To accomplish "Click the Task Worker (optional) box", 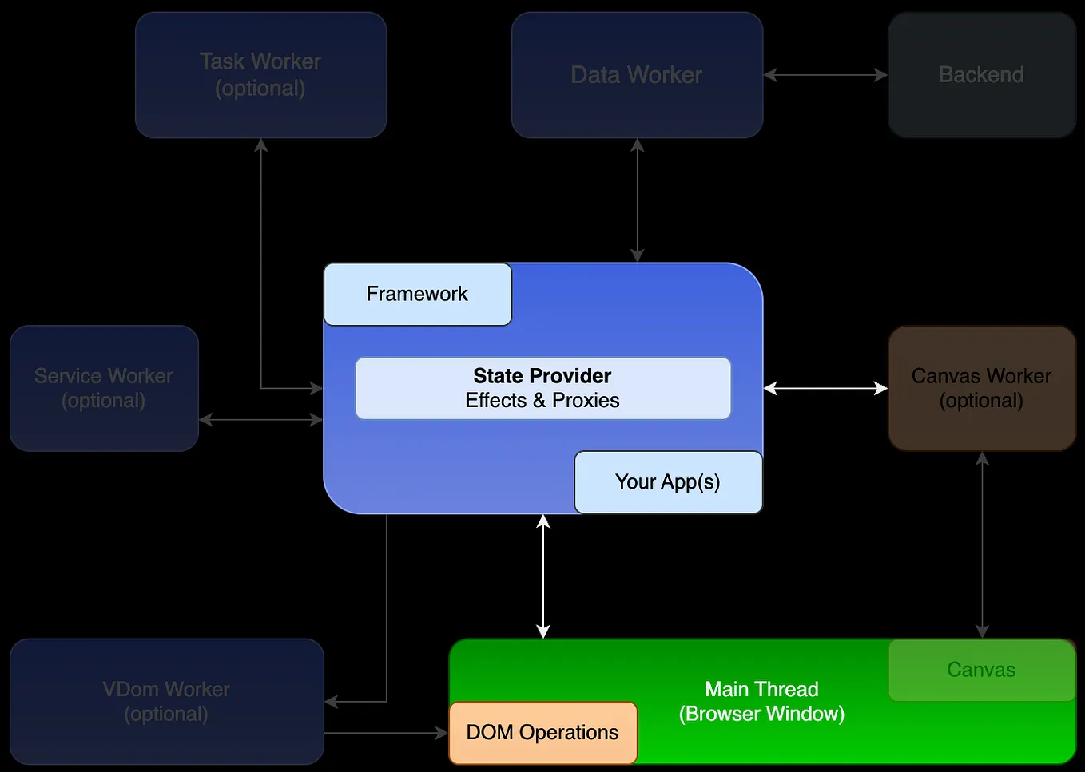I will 260,75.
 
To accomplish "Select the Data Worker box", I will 637,75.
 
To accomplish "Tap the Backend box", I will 981,75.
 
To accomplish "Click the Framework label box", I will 417,294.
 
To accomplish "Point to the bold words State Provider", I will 542,376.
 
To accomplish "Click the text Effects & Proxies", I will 542,401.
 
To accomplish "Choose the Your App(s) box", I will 668,482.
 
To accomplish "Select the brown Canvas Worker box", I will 981,388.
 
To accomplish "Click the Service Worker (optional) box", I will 104,388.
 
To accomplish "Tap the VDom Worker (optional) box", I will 166,701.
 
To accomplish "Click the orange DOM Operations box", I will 542,732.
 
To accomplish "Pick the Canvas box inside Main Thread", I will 981,670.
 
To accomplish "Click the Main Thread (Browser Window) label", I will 761,701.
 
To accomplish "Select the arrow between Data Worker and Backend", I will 825,75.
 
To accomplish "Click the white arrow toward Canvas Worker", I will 825,388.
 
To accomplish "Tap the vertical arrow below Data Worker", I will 637,200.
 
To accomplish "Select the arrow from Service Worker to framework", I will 260,419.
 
